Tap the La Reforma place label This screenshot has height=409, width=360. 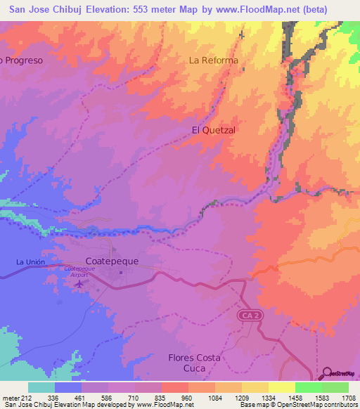[214, 60]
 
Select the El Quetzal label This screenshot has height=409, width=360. [213, 131]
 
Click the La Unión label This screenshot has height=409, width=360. [30, 262]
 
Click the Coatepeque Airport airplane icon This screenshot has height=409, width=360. [78, 285]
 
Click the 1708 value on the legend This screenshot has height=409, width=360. [349, 397]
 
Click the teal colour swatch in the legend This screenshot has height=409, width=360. [41, 387]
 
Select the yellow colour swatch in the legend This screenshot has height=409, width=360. [281, 387]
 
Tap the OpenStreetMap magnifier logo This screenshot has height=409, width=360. [328, 373]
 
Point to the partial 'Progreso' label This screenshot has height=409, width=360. [22, 60]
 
